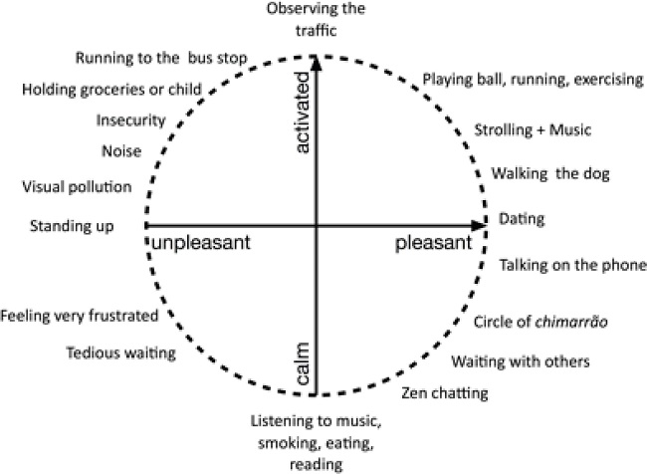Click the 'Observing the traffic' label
point(317,19)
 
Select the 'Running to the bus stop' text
point(161,57)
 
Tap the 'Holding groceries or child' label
point(111,90)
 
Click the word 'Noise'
point(120,151)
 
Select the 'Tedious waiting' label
point(107,351)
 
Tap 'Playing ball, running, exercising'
point(533,79)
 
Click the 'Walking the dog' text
point(549,173)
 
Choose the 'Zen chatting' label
point(444,393)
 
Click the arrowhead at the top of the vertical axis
point(317,60)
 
